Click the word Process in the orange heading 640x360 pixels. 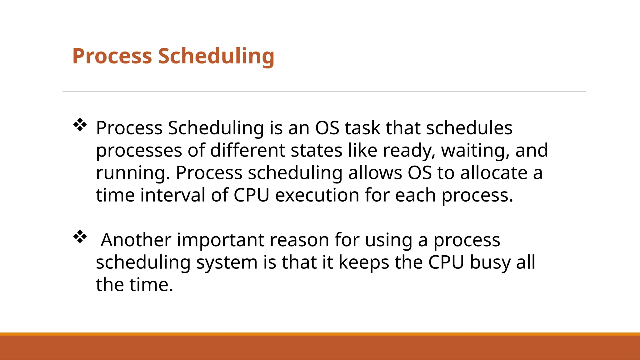coord(112,56)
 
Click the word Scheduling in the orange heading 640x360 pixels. coord(216,56)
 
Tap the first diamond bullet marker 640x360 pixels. coord(80,125)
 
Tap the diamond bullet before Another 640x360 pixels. coord(80,237)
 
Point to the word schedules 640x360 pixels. coord(469,128)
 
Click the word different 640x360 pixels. coord(247,151)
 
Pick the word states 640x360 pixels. coord(316,151)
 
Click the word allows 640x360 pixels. coord(375,173)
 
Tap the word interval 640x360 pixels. coord(172,195)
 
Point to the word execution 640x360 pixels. coord(317,195)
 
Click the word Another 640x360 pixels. coord(136,240)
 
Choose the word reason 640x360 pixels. coord(299,240)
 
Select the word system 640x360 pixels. coord(227,262)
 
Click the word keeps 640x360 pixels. coord(364,262)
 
